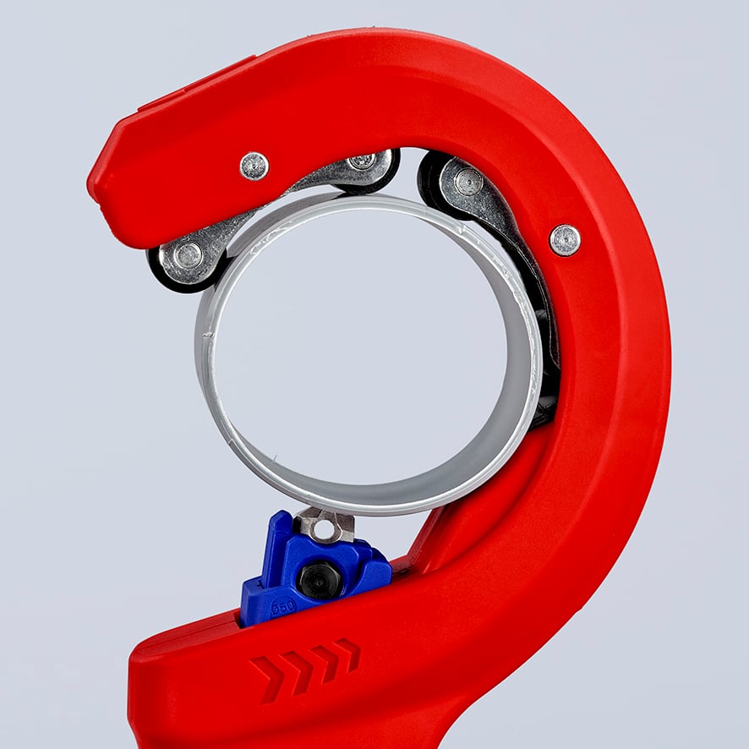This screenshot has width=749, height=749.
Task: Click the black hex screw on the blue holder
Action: pos(320,580)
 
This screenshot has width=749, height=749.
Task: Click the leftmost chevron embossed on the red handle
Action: pos(269,677)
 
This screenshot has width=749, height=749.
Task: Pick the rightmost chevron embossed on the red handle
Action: pos(347,653)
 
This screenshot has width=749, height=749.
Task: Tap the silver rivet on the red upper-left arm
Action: pos(254,166)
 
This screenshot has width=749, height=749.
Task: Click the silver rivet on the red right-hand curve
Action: pos(565,240)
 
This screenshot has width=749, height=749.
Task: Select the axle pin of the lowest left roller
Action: pos(188,254)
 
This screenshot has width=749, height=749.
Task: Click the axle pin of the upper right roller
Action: pos(467,182)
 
